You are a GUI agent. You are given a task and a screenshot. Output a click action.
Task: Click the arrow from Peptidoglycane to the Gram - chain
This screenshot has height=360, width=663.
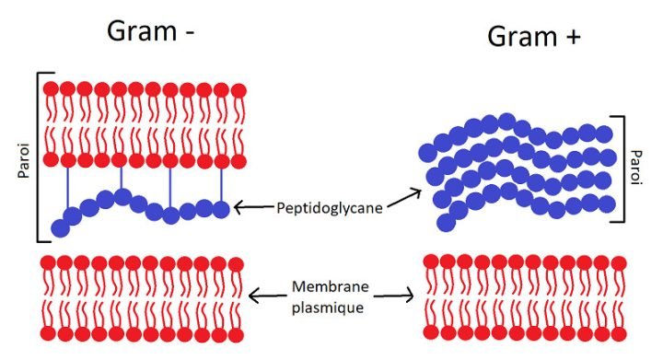pos(253,208)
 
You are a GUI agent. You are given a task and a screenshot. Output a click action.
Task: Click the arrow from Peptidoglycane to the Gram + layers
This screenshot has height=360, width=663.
pos(401,198)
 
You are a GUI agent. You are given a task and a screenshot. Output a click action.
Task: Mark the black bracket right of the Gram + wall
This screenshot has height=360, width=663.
pos(622,168)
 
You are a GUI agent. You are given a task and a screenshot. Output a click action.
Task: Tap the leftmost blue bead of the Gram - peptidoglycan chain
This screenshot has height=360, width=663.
pos(62,228)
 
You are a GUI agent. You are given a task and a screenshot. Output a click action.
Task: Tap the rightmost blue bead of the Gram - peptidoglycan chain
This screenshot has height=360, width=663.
pos(221,209)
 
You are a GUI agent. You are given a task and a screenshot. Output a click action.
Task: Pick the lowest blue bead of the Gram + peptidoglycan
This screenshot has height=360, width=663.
pos(446,222)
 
